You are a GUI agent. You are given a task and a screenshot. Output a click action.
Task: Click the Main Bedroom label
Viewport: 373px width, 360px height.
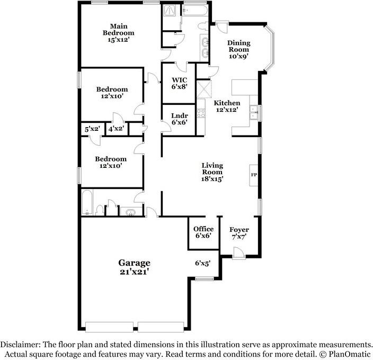click(119, 33)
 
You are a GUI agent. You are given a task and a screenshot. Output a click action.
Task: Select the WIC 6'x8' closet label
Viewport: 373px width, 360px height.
click(179, 84)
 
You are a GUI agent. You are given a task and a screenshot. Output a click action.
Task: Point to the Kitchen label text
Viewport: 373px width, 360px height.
click(227, 103)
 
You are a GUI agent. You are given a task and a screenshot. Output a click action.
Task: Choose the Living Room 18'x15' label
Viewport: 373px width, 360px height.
click(212, 172)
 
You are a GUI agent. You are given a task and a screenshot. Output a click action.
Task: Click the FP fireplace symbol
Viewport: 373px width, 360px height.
click(254, 174)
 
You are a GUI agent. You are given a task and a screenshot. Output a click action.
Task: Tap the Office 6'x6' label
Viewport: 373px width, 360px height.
click(203, 232)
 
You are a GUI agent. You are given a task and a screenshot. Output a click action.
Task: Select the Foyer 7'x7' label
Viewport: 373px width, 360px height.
click(239, 233)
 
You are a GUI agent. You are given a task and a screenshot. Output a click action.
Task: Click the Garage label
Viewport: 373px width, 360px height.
click(134, 263)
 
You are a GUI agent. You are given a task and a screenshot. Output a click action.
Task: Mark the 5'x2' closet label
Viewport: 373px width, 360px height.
click(92, 129)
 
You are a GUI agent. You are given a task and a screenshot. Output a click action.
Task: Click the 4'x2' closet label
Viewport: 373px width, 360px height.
click(116, 129)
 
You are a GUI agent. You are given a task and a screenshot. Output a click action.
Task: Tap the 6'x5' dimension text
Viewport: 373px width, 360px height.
click(203, 263)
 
